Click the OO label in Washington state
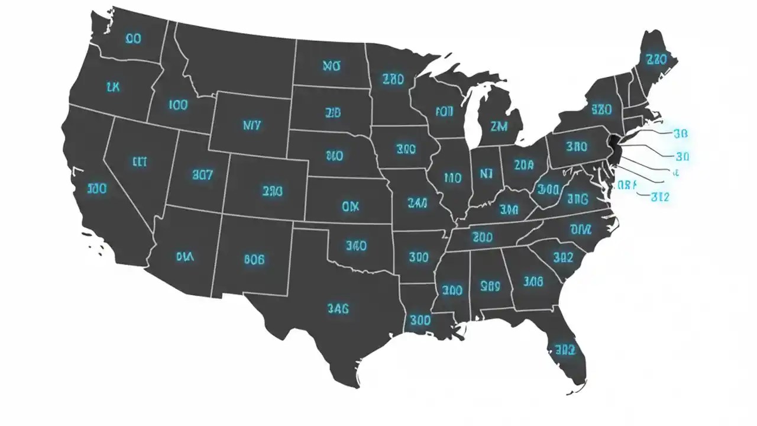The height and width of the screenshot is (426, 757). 133,39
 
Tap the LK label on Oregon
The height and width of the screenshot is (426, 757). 113,87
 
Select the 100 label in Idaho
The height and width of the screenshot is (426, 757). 178,105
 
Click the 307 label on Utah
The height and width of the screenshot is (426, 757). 203,175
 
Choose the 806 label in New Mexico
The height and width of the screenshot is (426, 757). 254,259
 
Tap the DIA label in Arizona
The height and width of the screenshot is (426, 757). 186,256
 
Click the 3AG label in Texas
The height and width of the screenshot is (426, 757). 338,308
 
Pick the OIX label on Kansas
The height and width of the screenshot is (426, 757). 350,206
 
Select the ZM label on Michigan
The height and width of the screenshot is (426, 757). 499,126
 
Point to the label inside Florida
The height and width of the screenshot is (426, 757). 561,347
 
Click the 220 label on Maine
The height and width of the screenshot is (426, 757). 656,60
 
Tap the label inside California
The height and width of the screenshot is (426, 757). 97,189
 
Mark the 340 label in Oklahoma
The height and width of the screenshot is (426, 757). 356,245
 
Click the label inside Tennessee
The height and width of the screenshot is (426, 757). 483,237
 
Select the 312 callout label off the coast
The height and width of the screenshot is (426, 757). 659,197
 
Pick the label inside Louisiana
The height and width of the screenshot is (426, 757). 419,321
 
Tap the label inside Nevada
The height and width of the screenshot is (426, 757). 139,161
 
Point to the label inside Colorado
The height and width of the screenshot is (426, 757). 272,191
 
